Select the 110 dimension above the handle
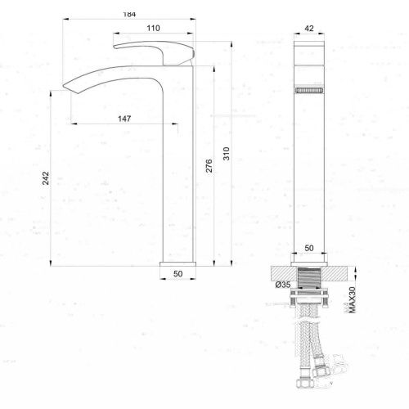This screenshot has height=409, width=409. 152,29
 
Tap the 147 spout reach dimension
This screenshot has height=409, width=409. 124,119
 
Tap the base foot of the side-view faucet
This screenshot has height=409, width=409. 177,264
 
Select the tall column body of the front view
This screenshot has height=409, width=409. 310,164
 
